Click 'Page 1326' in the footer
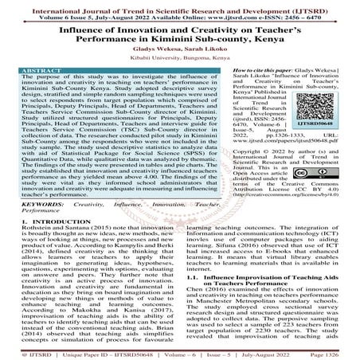(x=339, y=353)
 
